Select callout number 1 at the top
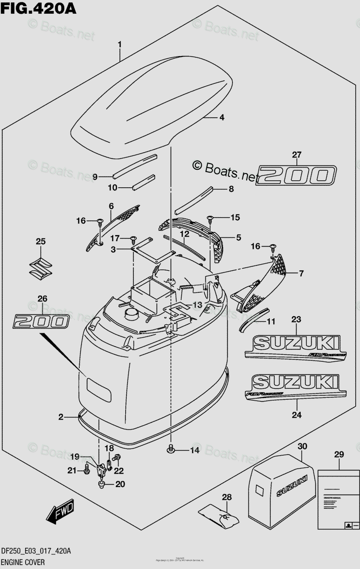120,45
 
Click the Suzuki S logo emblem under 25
40,268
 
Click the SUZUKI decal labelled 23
296,346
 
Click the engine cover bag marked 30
283,488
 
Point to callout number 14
195,450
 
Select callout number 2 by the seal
61,417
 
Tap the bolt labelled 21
87,470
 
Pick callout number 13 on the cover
197,304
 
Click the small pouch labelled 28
218,514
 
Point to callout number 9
95,177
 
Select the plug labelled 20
102,484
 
